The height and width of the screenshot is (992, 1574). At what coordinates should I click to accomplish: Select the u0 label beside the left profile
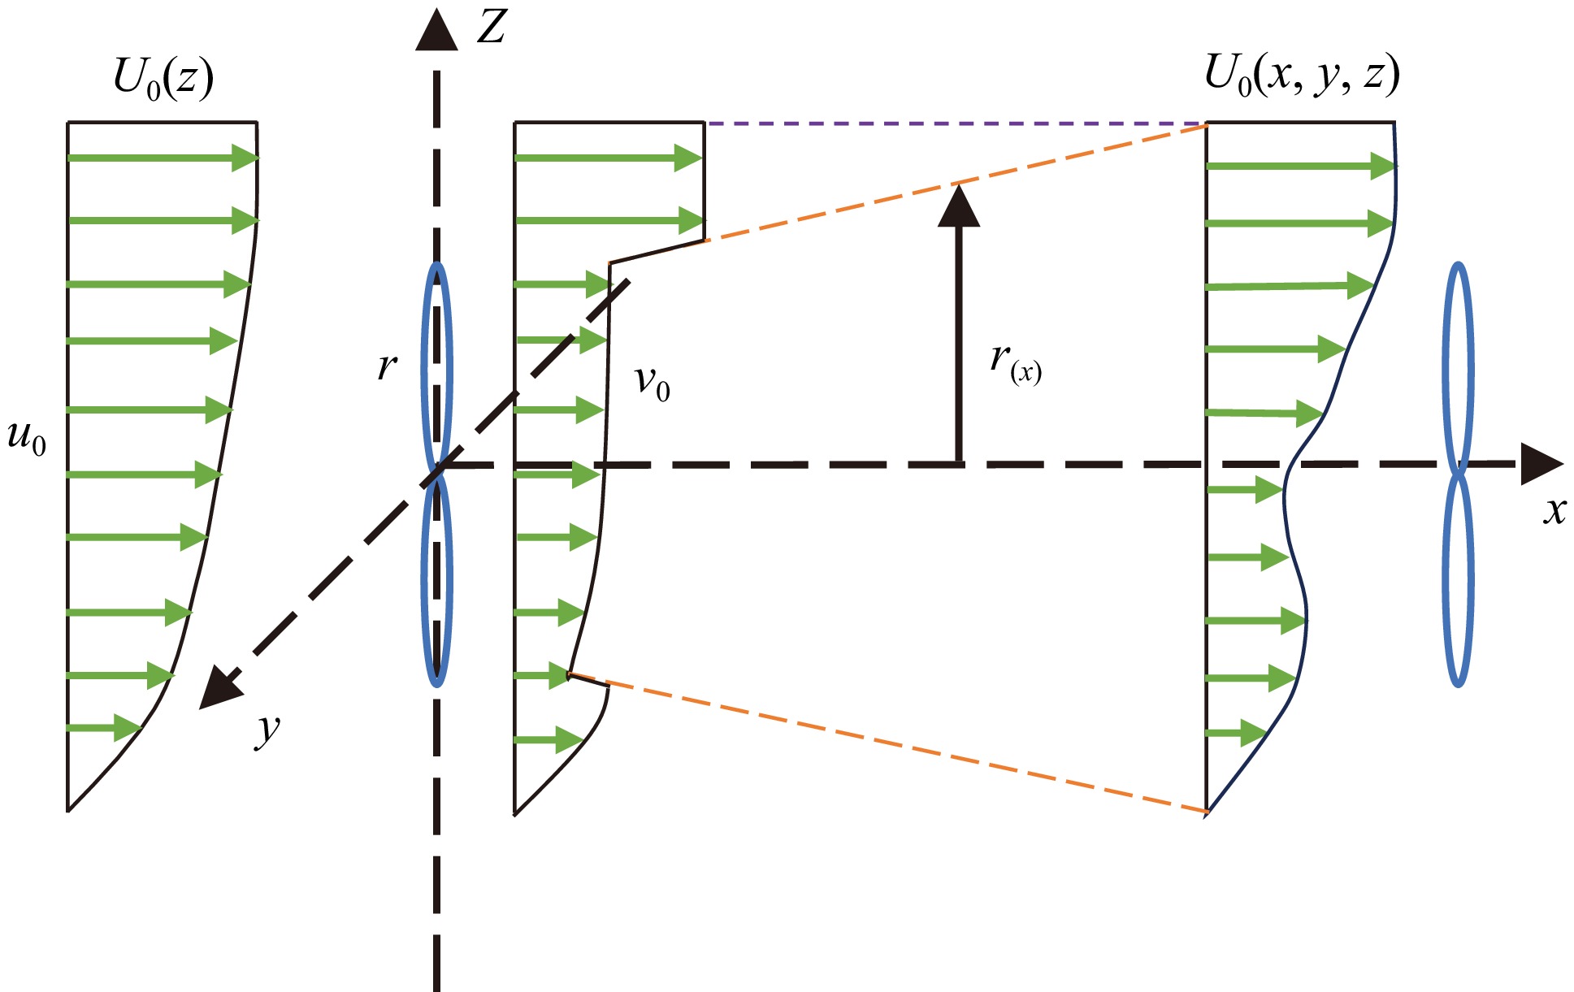[x=27, y=439]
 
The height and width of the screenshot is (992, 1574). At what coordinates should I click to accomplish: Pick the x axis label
[x=1554, y=510]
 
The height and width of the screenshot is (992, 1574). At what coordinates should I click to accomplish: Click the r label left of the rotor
[x=387, y=366]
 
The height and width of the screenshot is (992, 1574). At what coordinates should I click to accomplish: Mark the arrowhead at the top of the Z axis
[x=436, y=31]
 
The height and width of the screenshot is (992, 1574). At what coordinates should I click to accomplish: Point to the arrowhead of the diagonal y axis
[x=219, y=689]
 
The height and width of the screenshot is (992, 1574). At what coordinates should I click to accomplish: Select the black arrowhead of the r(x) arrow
[x=959, y=206]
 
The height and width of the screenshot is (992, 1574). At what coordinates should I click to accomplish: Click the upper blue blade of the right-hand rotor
[x=1459, y=366]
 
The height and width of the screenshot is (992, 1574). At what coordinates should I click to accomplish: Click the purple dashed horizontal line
[x=955, y=123]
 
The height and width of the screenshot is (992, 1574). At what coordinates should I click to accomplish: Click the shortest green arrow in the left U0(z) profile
[x=104, y=728]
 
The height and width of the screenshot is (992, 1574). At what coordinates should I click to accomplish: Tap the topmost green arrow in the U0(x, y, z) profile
[x=1300, y=167]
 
